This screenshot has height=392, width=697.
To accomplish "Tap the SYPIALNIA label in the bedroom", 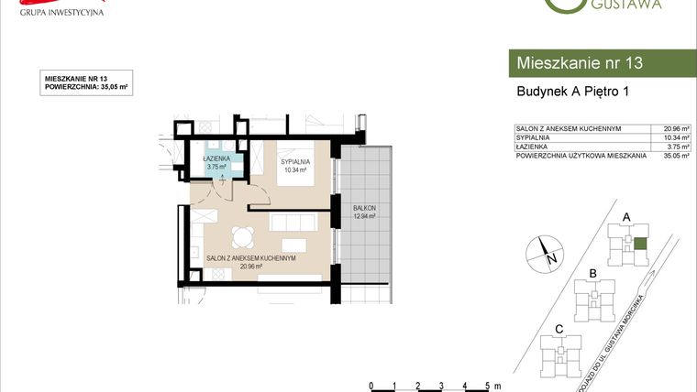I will tap(295, 161).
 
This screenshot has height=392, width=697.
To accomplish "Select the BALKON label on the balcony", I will tap(364, 208).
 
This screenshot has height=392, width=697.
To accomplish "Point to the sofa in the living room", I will tap(293, 223).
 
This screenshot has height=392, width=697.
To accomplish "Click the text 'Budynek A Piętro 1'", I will tap(572, 92).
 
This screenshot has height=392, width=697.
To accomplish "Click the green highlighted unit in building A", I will tap(640, 244).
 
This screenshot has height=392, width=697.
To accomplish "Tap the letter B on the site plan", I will tap(593, 274).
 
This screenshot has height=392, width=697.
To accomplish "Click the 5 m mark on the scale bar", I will tap(488, 385).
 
